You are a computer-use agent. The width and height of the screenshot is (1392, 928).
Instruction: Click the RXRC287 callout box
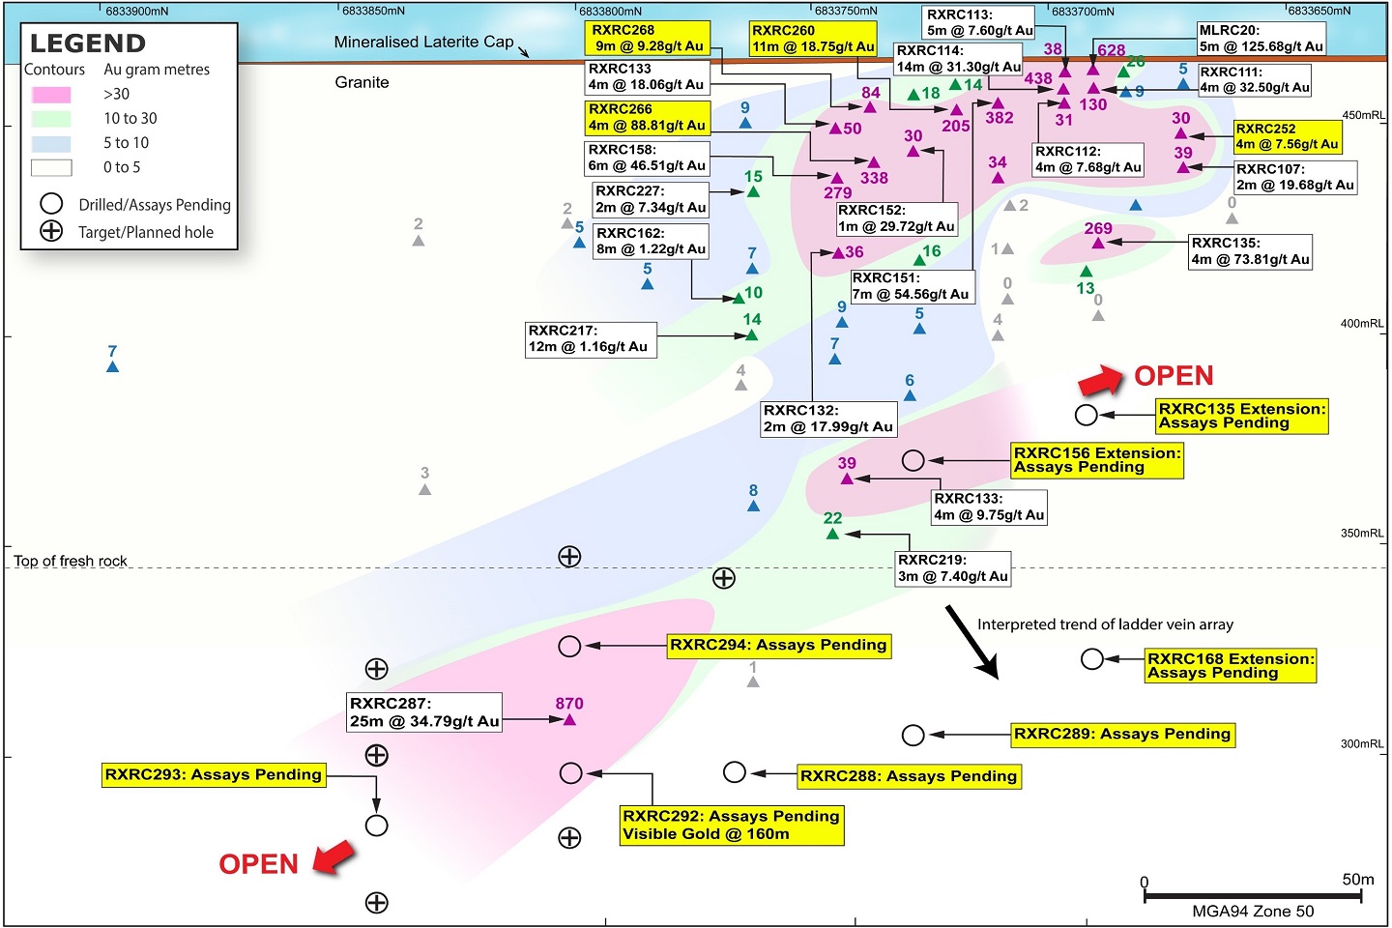424,712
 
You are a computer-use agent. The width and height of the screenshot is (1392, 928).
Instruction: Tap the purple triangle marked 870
569,719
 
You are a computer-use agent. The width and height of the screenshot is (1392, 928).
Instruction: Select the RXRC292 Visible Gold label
731,825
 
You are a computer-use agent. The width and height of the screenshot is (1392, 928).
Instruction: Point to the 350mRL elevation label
1362,534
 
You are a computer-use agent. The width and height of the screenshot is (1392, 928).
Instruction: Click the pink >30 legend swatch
51,95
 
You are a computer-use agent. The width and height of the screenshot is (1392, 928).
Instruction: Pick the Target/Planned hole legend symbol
51,231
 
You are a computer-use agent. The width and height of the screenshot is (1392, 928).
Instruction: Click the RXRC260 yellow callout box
813,39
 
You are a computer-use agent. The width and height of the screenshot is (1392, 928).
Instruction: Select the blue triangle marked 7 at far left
112,366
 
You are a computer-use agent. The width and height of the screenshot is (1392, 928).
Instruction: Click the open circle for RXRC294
569,646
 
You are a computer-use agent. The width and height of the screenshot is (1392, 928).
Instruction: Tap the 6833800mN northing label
610,11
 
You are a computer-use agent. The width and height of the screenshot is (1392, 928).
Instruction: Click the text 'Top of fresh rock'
71,561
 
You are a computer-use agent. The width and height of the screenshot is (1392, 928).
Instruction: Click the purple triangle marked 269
1098,243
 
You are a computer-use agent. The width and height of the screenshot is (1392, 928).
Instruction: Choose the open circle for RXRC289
913,736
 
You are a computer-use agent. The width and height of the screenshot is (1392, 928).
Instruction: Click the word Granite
362,83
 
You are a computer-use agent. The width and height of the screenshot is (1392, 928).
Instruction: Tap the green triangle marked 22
832,533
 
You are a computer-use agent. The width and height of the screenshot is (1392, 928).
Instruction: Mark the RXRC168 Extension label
1231,665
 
